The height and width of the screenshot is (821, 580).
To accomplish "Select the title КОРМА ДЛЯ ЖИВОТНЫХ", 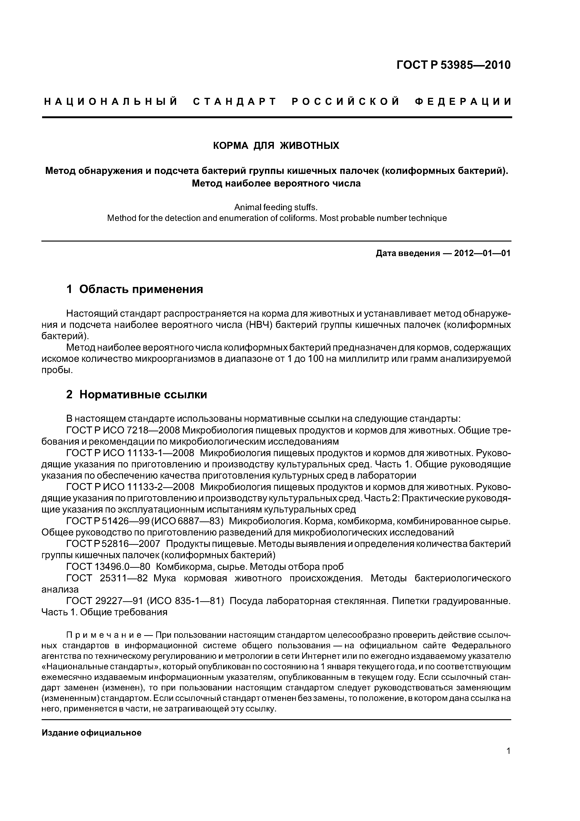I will pos(276,146).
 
